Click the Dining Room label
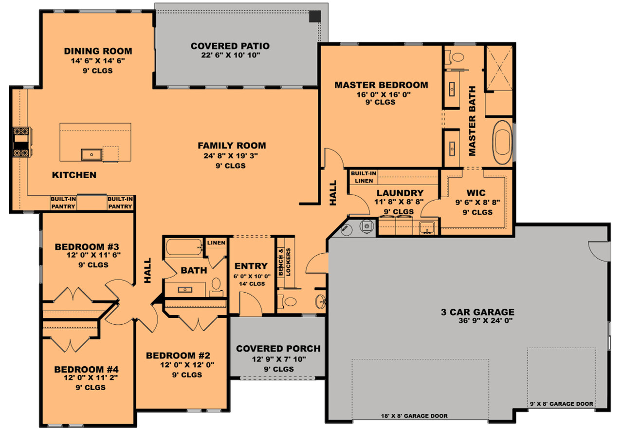point(98,51)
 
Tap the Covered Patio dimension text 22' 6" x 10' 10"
point(230,56)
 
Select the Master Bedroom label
point(381,85)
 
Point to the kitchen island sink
point(92,155)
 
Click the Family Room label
point(232,146)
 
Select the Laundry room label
point(400,193)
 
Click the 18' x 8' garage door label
point(414,416)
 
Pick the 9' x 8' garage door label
point(562,404)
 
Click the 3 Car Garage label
point(477,312)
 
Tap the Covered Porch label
point(278,349)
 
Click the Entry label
point(251,266)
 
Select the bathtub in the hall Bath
point(183,248)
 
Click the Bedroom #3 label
point(87,246)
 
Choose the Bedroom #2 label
point(178,356)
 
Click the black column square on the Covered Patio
point(315,16)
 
